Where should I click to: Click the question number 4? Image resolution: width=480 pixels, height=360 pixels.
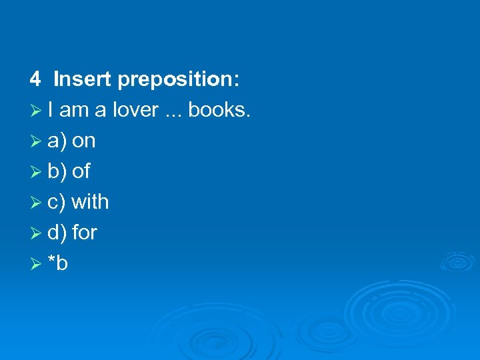tap(35, 80)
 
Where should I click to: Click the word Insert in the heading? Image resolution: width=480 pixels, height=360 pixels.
tap(83, 80)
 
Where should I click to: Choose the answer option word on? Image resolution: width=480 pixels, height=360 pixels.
tap(83, 141)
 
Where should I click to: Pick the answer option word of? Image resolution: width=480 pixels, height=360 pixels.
tap(81, 171)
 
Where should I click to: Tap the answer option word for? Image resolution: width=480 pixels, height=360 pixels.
tap(84, 232)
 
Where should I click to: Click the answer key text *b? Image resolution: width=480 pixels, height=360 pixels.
tap(58, 263)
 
